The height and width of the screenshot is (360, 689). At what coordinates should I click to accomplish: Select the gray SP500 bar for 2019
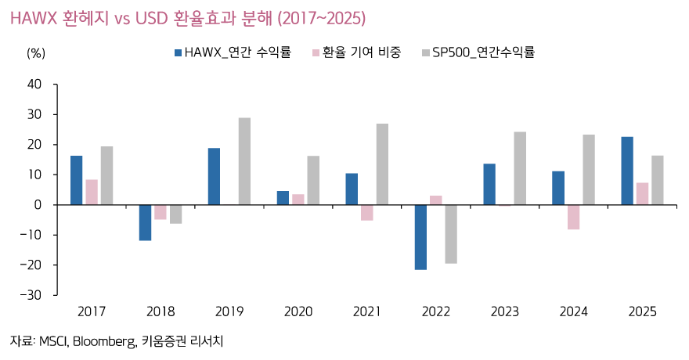pyautogui.click(x=244, y=161)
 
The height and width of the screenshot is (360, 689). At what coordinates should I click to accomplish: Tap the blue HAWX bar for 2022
pyautogui.click(x=420, y=237)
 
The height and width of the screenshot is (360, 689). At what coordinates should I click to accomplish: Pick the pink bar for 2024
pyautogui.click(x=573, y=217)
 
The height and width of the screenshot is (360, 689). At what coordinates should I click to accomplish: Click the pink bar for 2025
pyautogui.click(x=642, y=193)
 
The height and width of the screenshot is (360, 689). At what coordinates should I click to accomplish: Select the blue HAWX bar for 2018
pyautogui.click(x=145, y=222)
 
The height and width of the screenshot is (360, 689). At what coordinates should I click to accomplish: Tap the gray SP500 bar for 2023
pyautogui.click(x=520, y=168)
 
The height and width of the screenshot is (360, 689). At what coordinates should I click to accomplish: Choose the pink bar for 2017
pyautogui.click(x=92, y=192)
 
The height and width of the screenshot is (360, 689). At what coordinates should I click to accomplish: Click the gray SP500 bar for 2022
pyautogui.click(x=451, y=234)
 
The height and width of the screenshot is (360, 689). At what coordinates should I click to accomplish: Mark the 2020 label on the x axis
pyautogui.click(x=298, y=311)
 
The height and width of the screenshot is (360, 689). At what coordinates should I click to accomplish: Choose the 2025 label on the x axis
pyautogui.click(x=642, y=311)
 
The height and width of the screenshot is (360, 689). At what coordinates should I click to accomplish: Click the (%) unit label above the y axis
pyautogui.click(x=36, y=53)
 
